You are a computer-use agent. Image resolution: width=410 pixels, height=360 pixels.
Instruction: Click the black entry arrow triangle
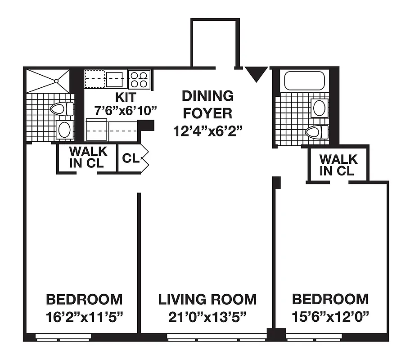256,73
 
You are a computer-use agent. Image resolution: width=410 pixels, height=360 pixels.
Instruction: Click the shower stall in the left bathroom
48,81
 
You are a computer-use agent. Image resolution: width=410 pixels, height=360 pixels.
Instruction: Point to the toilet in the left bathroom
62,109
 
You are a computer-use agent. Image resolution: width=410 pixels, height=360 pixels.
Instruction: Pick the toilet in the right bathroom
317,131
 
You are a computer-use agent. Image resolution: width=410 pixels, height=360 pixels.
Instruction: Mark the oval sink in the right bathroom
320,108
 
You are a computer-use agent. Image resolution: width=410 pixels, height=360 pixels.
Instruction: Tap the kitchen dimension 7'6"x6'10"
119,109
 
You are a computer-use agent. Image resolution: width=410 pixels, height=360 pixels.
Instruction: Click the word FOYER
207,113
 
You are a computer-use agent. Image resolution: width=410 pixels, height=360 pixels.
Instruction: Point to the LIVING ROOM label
207,299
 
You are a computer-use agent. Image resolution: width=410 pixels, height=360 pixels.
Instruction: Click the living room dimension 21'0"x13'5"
207,316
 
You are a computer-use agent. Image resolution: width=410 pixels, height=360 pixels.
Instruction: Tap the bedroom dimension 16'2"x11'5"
84,316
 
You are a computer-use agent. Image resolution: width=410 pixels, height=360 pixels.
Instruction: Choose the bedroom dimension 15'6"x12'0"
330,316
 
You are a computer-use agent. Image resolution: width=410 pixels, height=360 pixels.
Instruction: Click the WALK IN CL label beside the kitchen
88,157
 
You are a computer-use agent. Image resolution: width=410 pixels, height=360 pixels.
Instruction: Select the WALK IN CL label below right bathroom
338,165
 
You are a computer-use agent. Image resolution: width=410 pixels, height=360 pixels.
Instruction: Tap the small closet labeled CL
130,158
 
